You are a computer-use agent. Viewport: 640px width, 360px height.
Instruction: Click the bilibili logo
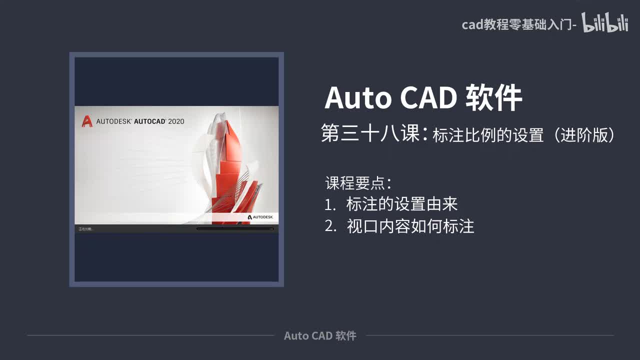pyautogui.click(x=604, y=23)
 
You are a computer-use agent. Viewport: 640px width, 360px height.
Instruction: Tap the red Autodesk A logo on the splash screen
pyautogui.click(x=87, y=121)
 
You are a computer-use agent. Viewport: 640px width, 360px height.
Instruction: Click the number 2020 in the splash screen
pyautogui.click(x=176, y=121)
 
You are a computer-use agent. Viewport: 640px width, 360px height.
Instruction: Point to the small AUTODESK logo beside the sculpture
pyautogui.click(x=260, y=217)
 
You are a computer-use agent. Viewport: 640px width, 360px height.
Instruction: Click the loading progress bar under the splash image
pyautogui.click(x=235, y=229)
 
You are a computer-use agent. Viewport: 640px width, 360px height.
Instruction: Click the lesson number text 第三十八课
pyautogui.click(x=370, y=134)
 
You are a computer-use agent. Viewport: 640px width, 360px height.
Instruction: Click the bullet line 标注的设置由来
pyautogui.click(x=402, y=204)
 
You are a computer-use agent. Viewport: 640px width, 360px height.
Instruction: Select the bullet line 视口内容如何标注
pyautogui.click(x=410, y=226)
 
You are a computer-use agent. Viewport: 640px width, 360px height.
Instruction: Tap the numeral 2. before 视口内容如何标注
pyautogui.click(x=330, y=226)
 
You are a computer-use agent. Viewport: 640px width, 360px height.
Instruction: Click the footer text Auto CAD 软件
pyautogui.click(x=320, y=335)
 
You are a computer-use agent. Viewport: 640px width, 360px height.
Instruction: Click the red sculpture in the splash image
pyautogui.click(x=235, y=170)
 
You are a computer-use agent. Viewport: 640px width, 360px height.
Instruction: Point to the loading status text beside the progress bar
pyautogui.click(x=85, y=229)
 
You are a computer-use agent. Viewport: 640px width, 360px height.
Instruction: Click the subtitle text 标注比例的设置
pyautogui.click(x=487, y=135)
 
